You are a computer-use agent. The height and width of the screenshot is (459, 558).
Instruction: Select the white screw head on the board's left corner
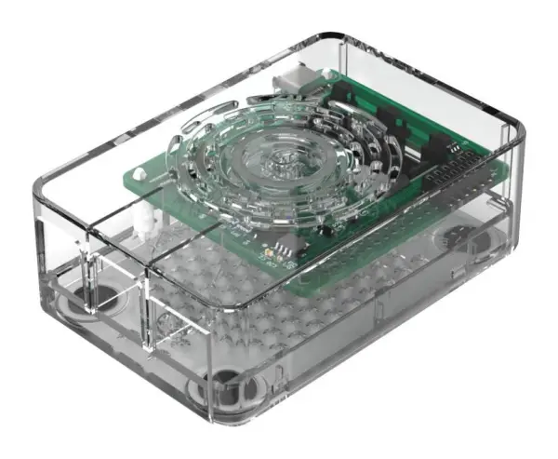click(140, 171)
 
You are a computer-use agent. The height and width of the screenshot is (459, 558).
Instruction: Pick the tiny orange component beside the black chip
click(268, 250)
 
